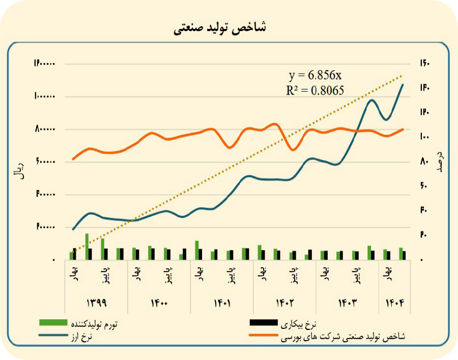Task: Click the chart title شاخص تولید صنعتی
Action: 220,28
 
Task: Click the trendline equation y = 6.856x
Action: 315,75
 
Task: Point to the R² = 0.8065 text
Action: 315,90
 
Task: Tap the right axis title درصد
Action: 439,161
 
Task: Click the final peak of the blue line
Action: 403,85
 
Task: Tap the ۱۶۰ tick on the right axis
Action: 425,64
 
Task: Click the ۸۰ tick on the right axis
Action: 424,162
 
